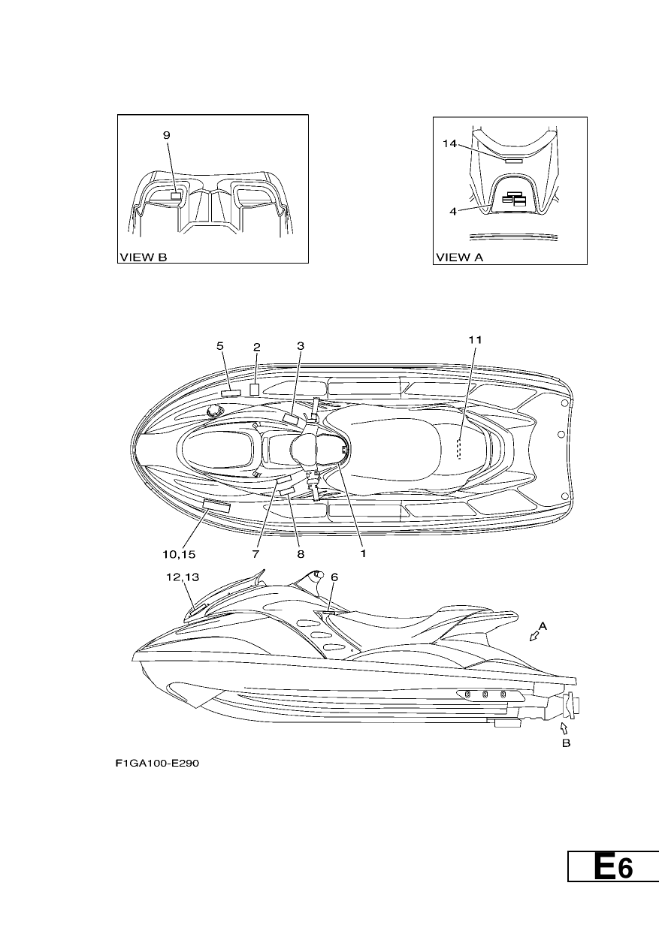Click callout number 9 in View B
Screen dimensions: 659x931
[166, 135]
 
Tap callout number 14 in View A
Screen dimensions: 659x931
[449, 144]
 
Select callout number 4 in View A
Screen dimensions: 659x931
[453, 212]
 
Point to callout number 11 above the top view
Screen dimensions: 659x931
[475, 340]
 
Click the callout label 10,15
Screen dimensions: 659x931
[179, 554]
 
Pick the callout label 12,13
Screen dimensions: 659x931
[183, 577]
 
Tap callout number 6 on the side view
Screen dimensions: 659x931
[334, 577]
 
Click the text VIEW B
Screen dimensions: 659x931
[143, 258]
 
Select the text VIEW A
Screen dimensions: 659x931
[460, 258]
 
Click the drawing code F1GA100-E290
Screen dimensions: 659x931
[157, 764]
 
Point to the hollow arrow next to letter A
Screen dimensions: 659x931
[534, 636]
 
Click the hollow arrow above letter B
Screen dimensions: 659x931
[564, 728]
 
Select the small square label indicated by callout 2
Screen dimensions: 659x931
[254, 390]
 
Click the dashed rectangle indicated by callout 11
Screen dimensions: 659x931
[459, 449]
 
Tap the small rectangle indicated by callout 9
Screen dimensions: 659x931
[177, 196]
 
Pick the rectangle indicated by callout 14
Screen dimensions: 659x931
[514, 161]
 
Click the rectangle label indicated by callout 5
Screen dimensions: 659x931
[231, 393]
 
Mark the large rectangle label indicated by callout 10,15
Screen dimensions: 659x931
[216, 506]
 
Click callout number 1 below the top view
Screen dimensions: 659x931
[363, 553]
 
